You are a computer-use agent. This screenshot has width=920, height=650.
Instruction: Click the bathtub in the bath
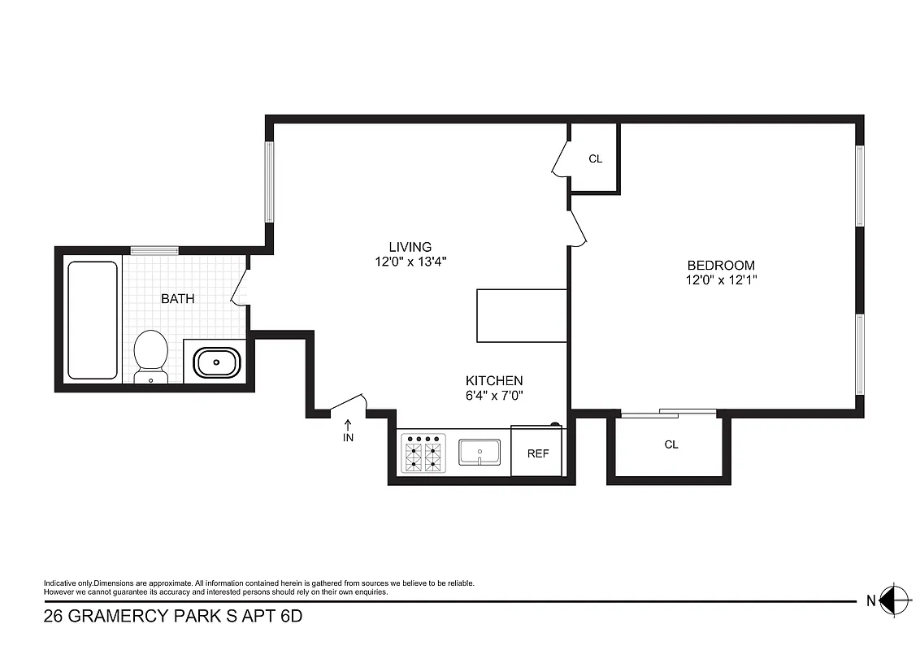pos(92,319)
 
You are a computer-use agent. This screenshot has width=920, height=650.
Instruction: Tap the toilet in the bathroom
pos(150,355)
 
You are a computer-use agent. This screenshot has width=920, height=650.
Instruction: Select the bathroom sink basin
pos(215,362)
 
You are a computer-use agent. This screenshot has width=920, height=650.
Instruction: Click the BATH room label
pos(177,299)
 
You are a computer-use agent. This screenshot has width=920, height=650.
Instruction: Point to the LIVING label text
pos(410,247)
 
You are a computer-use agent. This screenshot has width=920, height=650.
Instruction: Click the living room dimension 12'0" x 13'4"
pos(410,262)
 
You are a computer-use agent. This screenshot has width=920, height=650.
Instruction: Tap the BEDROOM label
pos(721,265)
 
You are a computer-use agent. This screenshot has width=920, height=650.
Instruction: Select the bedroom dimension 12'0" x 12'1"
pos(721,280)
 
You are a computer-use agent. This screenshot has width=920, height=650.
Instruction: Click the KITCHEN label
pos(493,380)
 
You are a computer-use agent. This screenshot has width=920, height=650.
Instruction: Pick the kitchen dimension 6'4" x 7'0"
pos(493,396)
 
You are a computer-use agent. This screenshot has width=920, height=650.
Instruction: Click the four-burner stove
pos(424,453)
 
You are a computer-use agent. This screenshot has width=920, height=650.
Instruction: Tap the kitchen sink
pos(480,453)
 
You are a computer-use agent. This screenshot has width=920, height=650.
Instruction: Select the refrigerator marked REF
pos(537,453)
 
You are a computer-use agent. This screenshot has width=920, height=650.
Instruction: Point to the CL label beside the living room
pos(595,159)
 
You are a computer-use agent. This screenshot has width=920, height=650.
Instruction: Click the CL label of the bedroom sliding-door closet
pos(670,444)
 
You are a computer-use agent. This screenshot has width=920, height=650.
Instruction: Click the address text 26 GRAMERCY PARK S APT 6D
pos(172,617)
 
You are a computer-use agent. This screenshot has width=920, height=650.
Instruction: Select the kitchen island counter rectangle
pos(521,315)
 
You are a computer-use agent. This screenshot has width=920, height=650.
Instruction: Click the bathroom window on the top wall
pos(154,250)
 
